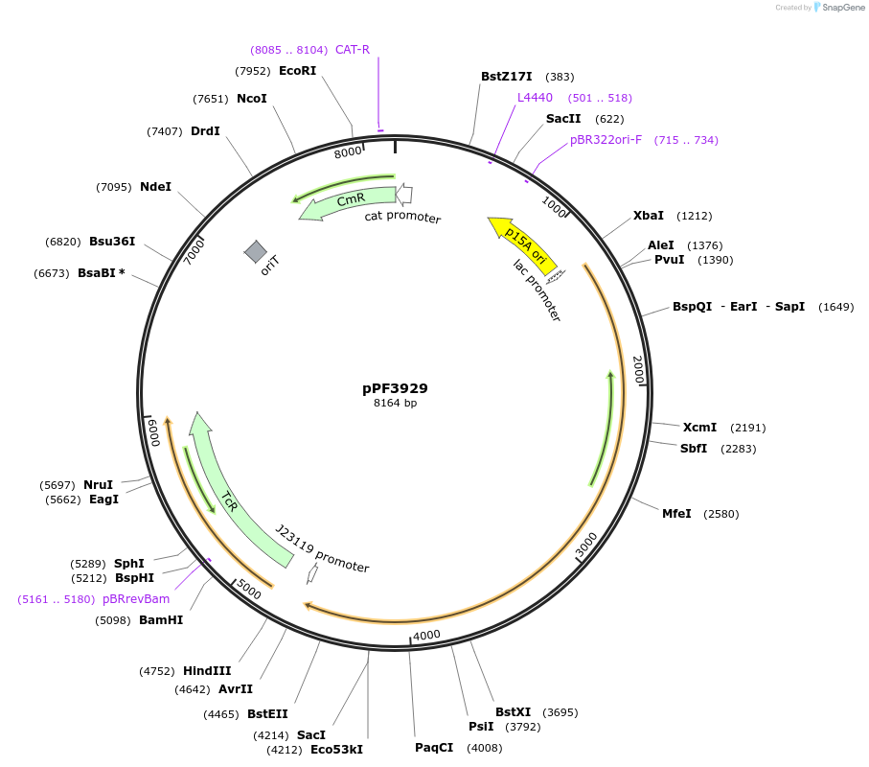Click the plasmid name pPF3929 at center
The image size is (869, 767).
[395, 388]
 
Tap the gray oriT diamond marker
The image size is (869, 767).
[256, 252]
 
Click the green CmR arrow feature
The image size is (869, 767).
[349, 201]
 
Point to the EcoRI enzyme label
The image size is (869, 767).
[297, 70]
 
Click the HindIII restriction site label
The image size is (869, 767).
[207, 671]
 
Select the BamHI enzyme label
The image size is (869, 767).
[161, 620]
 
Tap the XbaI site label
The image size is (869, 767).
[649, 215]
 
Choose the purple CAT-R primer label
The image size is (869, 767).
[353, 49]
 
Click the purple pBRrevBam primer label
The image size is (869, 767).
[136, 599]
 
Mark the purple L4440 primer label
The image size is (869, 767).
[535, 98]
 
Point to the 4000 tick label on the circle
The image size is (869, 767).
[426, 635]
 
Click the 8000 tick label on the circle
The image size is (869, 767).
[348, 151]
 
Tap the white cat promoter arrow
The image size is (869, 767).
[404, 194]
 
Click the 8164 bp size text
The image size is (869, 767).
[395, 404]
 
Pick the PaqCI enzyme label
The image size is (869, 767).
[434, 748]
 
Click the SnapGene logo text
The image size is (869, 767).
[843, 8]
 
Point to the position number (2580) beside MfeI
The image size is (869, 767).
[721, 514]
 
